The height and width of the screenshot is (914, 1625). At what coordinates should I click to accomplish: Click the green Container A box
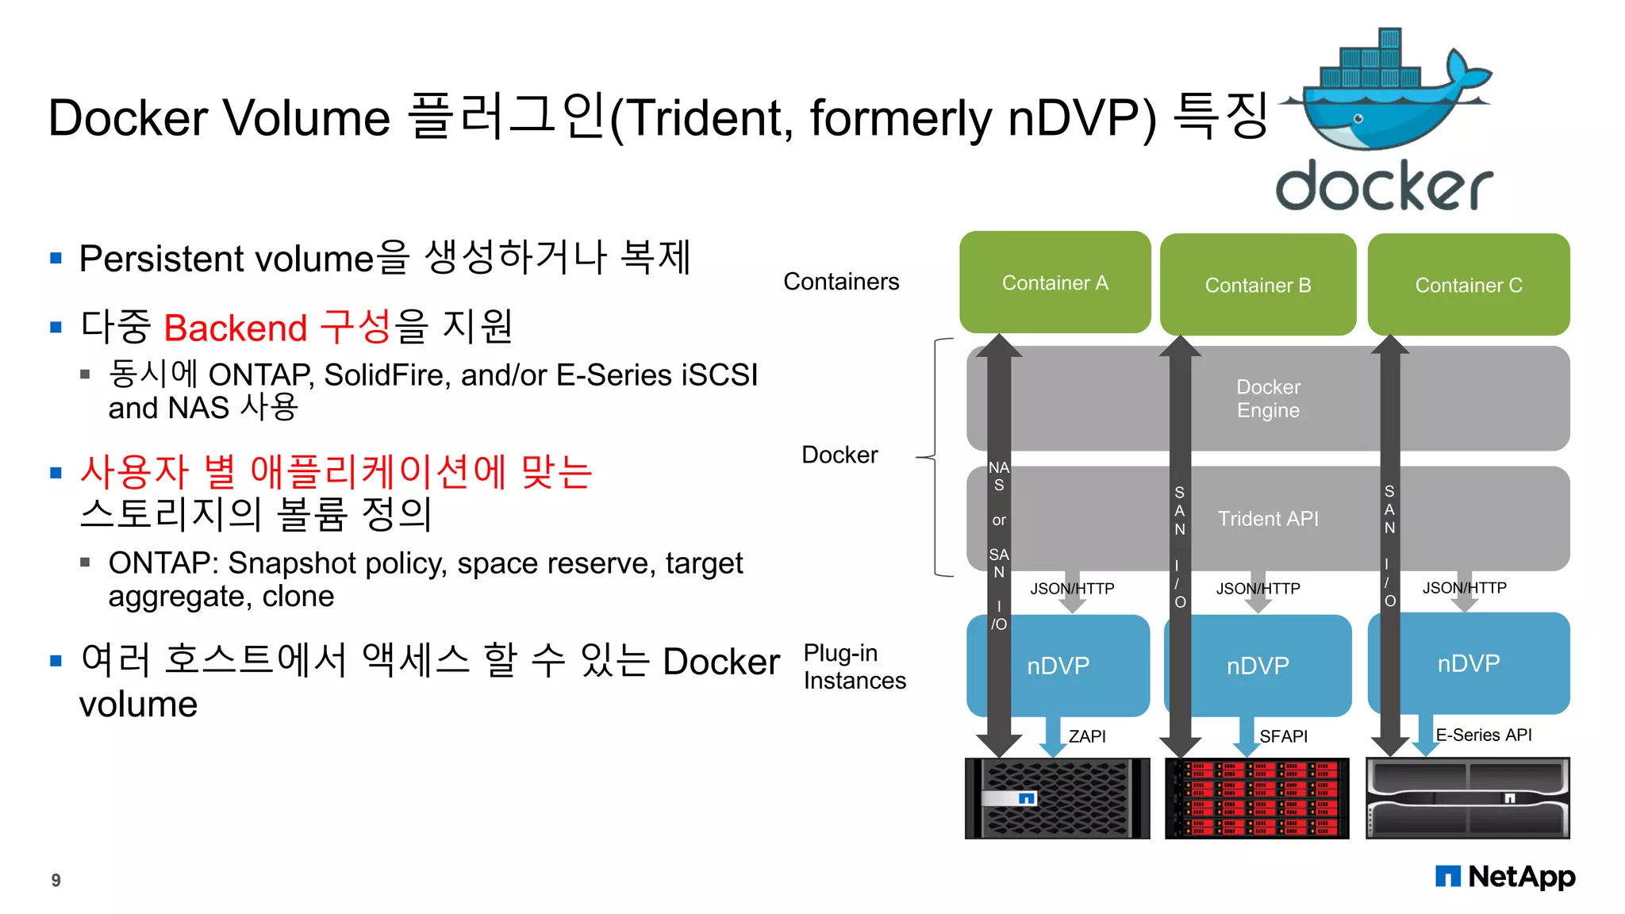[1055, 282]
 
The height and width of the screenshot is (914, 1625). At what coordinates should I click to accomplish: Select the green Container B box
[1258, 285]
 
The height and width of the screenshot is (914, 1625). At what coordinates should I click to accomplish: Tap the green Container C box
[1469, 285]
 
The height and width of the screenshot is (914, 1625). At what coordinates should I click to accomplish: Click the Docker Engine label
[1268, 398]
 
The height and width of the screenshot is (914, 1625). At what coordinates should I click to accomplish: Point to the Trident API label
[1268, 519]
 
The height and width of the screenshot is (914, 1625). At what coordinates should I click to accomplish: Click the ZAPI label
[1086, 736]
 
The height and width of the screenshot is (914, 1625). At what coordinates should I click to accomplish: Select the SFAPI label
[1283, 736]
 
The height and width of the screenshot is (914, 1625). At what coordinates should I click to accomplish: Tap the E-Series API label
[1483, 735]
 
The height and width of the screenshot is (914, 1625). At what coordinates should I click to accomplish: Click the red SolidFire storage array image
[1258, 798]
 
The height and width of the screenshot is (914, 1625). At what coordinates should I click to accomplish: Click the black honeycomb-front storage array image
[1057, 798]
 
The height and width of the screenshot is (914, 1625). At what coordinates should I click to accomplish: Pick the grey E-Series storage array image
[1468, 798]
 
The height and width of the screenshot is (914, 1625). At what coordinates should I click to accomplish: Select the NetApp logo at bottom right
[1505, 877]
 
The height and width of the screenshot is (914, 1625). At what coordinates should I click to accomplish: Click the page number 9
[56, 880]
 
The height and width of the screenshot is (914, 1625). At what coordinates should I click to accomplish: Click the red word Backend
[236, 328]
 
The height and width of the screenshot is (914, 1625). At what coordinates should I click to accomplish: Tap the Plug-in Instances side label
[854, 666]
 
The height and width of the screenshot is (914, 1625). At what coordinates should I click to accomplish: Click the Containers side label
[841, 282]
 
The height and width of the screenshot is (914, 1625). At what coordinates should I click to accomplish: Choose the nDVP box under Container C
[1469, 663]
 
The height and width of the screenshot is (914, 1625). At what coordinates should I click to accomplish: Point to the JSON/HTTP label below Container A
[1072, 589]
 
